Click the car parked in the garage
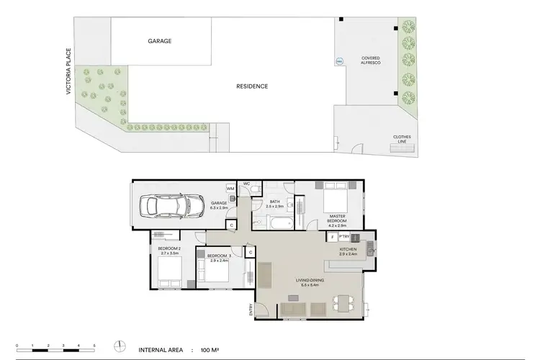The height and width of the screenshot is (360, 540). click(x=167, y=206)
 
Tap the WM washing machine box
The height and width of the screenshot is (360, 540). click(x=230, y=189)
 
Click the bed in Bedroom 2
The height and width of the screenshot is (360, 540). click(x=169, y=272)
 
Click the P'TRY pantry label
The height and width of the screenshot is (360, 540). click(x=344, y=236)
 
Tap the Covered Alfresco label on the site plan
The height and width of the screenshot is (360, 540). click(x=370, y=60)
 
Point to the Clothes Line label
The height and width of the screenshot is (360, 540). click(x=401, y=139)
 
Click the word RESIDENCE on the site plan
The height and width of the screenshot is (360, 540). click(x=252, y=86)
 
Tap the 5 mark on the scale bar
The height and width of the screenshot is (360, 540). click(x=94, y=346)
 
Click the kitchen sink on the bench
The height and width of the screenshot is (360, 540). click(x=369, y=251)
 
